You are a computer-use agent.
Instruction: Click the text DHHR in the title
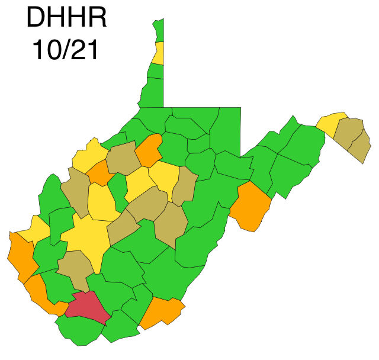[66, 18]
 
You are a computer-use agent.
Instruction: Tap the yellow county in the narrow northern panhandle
[159, 53]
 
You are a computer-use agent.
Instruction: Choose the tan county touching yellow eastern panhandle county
[348, 133]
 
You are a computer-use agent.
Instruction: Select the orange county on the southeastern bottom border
[161, 312]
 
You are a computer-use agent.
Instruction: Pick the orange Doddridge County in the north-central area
[149, 150]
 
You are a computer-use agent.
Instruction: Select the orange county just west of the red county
[41, 296]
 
